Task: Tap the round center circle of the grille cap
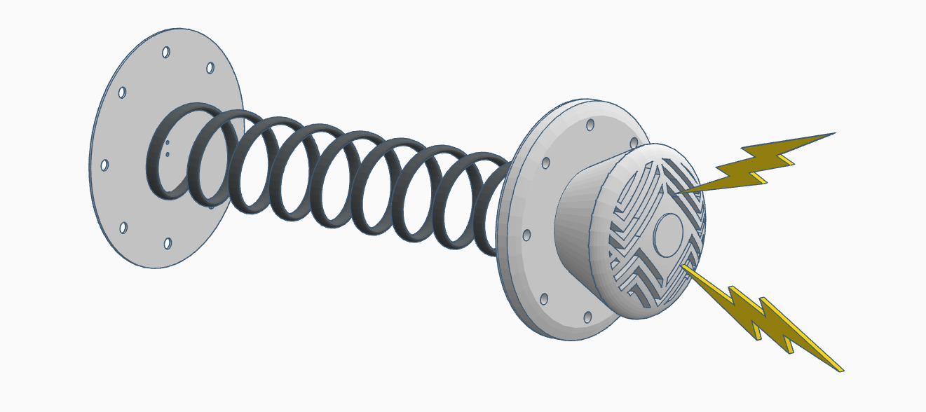point(668,233)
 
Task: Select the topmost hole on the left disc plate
point(166,52)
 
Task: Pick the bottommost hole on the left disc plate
point(168,243)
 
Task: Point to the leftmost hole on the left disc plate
point(104,165)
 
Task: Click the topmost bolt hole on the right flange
point(590,125)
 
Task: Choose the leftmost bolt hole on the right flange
point(526,235)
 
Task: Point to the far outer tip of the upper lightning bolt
point(835,132)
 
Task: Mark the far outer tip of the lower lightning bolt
point(842,369)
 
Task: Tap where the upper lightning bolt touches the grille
point(679,191)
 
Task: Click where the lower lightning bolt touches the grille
point(683,266)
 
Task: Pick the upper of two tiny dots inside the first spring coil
point(168,143)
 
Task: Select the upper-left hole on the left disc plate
point(122,92)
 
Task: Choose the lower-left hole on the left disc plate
point(123,228)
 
